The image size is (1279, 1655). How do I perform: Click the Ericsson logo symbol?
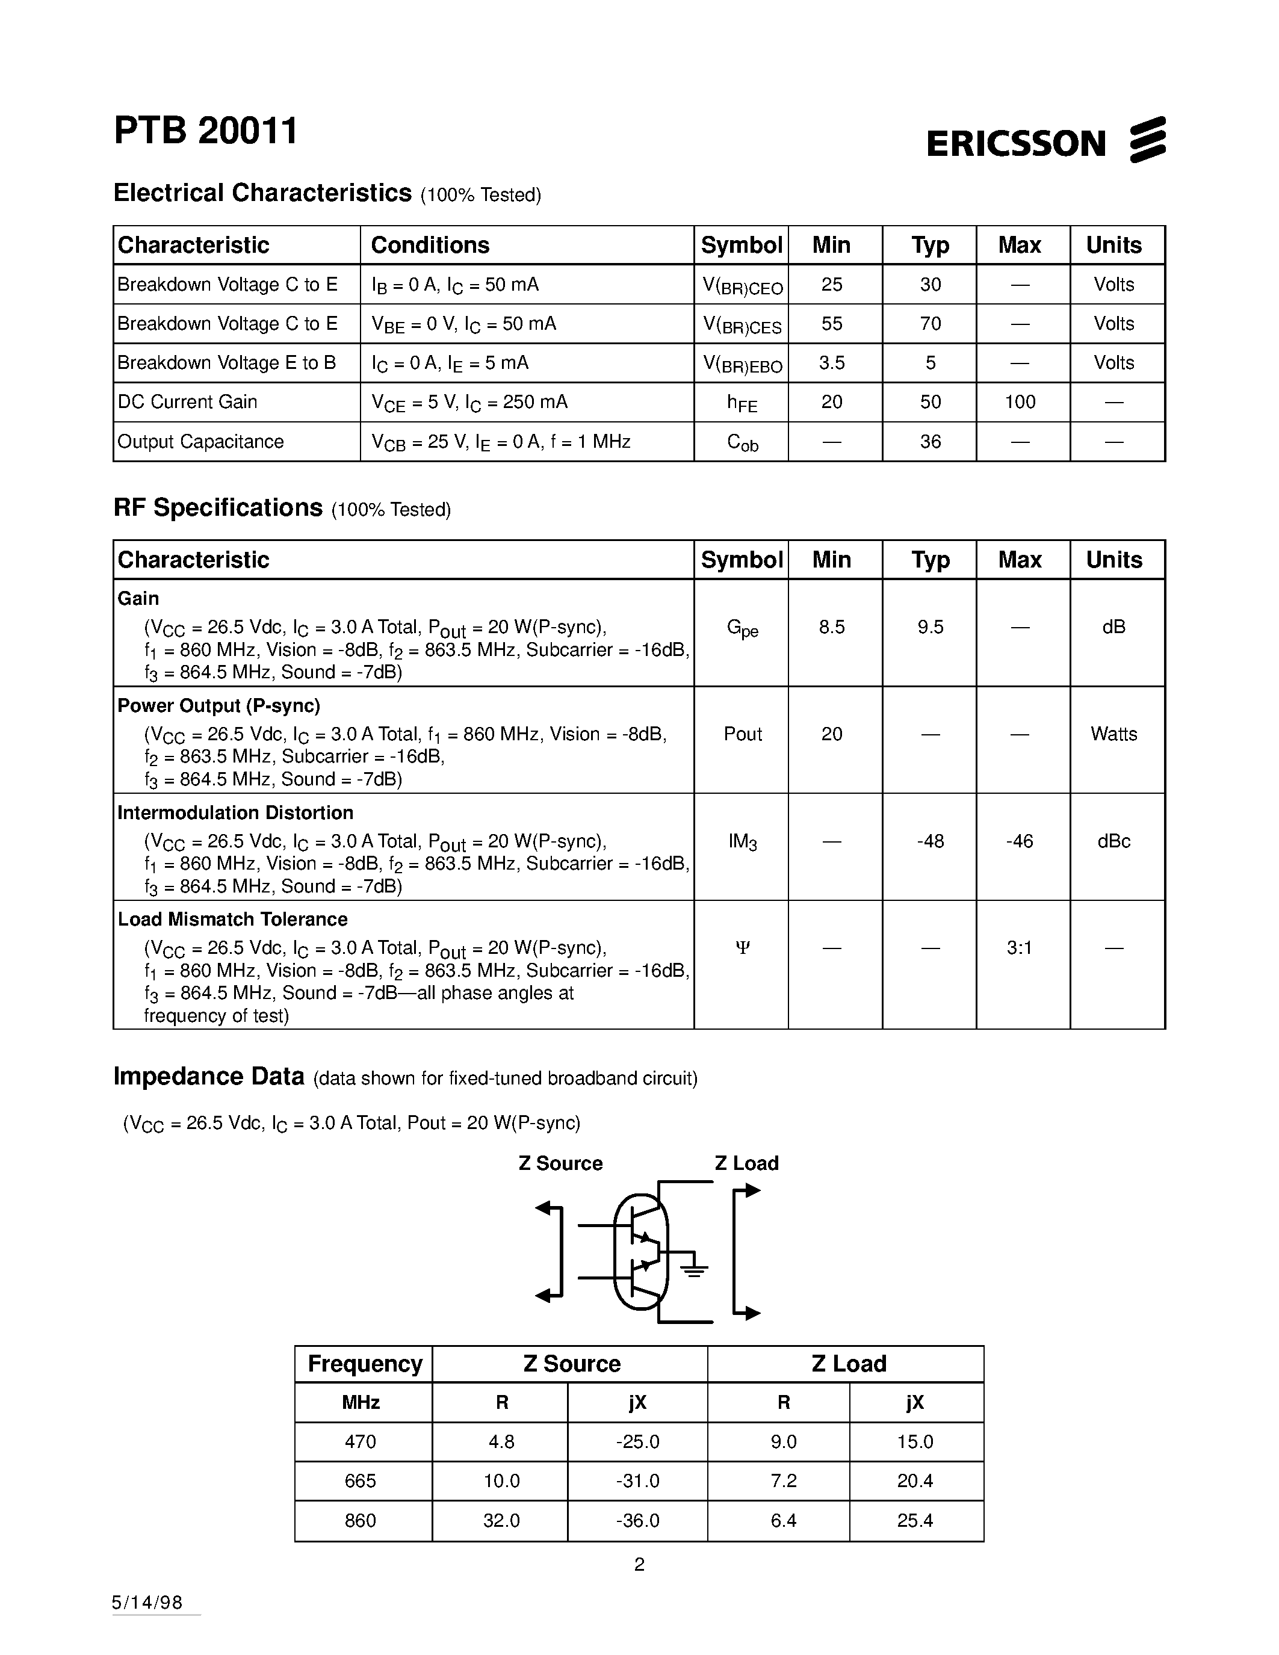point(1147,140)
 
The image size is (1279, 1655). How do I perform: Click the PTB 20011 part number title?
point(205,131)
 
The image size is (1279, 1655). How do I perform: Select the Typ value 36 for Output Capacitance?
point(930,442)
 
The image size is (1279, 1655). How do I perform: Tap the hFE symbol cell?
point(742,403)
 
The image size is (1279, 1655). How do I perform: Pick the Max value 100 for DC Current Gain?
point(1020,403)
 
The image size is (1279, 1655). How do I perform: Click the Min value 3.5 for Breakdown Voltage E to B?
point(831,363)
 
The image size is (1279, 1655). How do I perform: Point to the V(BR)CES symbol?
point(742,325)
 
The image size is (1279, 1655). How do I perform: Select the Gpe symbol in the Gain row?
point(742,628)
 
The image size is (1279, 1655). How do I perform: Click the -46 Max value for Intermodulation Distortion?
point(1020,841)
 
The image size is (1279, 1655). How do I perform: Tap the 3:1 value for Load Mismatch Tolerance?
point(1020,948)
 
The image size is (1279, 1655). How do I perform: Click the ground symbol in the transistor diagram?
point(694,1270)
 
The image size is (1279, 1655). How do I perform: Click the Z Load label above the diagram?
point(746,1163)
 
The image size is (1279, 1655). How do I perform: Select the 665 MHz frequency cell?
point(361,1480)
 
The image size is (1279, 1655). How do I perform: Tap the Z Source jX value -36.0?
point(637,1521)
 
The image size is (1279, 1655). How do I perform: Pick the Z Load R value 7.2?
point(784,1480)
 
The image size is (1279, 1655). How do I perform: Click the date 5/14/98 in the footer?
point(147,1602)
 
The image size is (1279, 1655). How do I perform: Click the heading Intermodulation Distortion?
point(235,813)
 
